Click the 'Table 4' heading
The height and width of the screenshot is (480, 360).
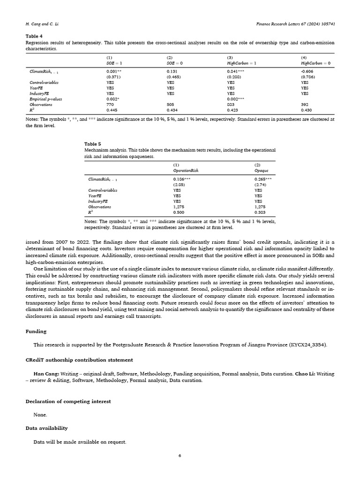(x=34, y=36)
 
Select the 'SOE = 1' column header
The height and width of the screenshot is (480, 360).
(x=114, y=63)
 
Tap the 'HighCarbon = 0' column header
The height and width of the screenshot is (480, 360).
(x=315, y=63)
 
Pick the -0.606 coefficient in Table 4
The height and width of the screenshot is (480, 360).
(x=307, y=71)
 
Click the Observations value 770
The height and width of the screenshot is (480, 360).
(x=110, y=105)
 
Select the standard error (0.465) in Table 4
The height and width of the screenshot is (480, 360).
(x=174, y=76)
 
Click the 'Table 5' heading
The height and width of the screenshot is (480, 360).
(x=92, y=144)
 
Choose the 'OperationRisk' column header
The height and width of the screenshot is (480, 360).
(x=186, y=171)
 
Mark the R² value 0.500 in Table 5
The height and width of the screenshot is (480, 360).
(x=178, y=212)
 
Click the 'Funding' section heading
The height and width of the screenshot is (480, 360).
(x=36, y=331)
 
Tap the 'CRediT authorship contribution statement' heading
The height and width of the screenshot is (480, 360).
(x=79, y=360)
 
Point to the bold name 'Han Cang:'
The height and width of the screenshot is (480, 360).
(x=45, y=374)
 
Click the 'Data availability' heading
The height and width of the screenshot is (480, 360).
(x=46, y=428)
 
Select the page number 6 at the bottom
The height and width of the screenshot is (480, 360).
(x=180, y=455)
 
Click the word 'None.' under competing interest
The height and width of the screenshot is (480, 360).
(x=40, y=415)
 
